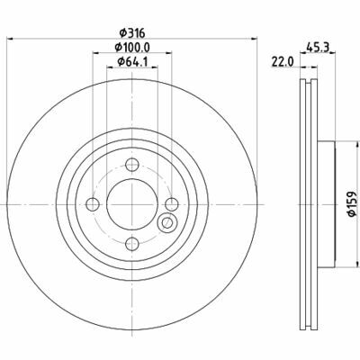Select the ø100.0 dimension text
131,48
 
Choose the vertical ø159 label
352,202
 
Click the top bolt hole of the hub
131,165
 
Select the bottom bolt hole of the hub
131,240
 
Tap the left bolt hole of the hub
94,202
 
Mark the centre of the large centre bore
131,202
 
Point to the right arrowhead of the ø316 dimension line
255,40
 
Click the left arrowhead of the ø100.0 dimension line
94,53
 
